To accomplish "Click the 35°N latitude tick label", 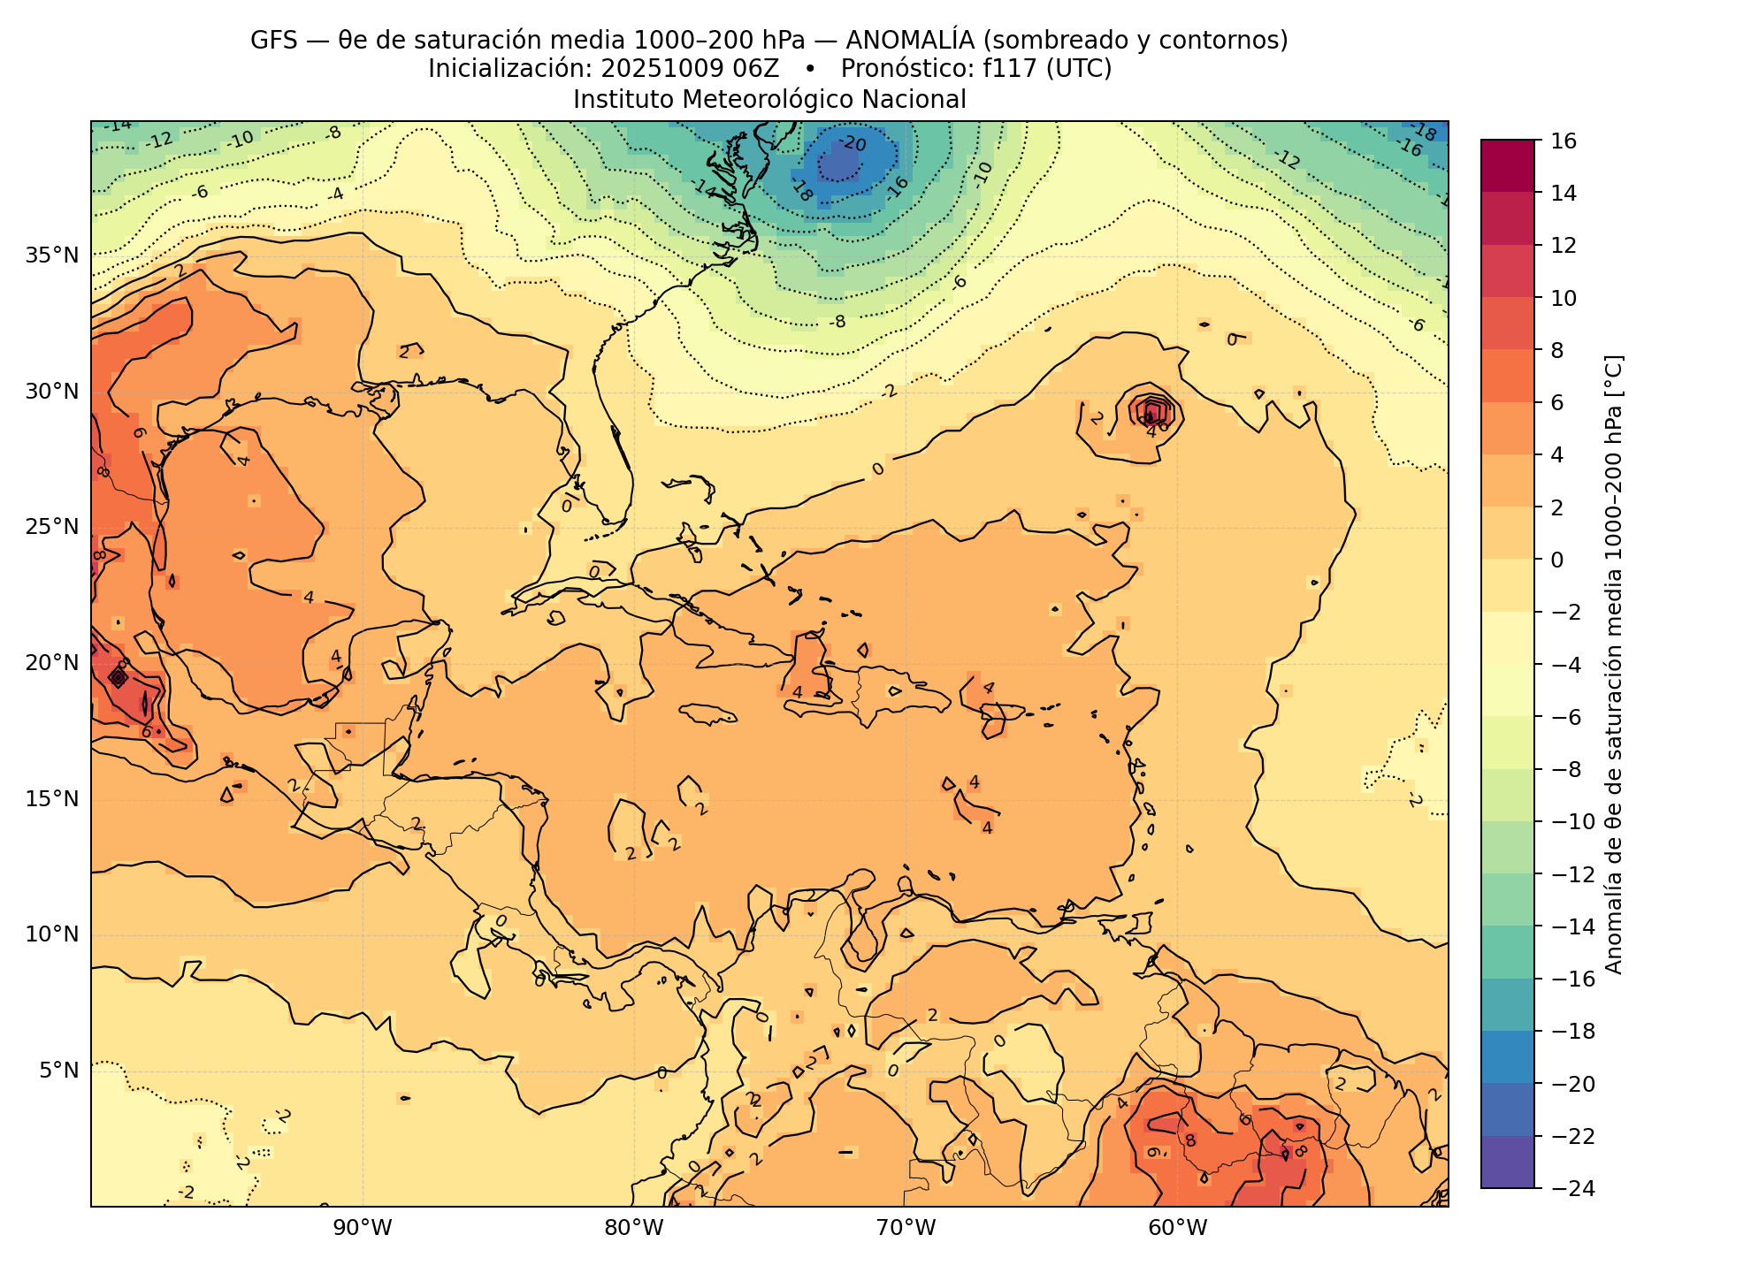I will [x=52, y=256].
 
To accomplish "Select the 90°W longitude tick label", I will [x=363, y=1229].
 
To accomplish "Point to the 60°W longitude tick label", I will [x=1177, y=1229].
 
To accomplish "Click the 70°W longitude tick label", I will [x=906, y=1229].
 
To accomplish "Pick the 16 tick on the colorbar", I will [x=1564, y=141].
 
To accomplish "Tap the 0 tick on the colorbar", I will [x=1557, y=560].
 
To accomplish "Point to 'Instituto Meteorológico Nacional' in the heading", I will [x=769, y=100].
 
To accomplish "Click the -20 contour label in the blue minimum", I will [x=852, y=143].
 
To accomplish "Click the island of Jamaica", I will [x=707, y=713].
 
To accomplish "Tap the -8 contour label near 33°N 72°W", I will [x=837, y=322].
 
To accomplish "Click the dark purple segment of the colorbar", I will [x=1508, y=1162].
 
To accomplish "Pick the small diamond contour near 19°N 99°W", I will [x=118, y=677].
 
